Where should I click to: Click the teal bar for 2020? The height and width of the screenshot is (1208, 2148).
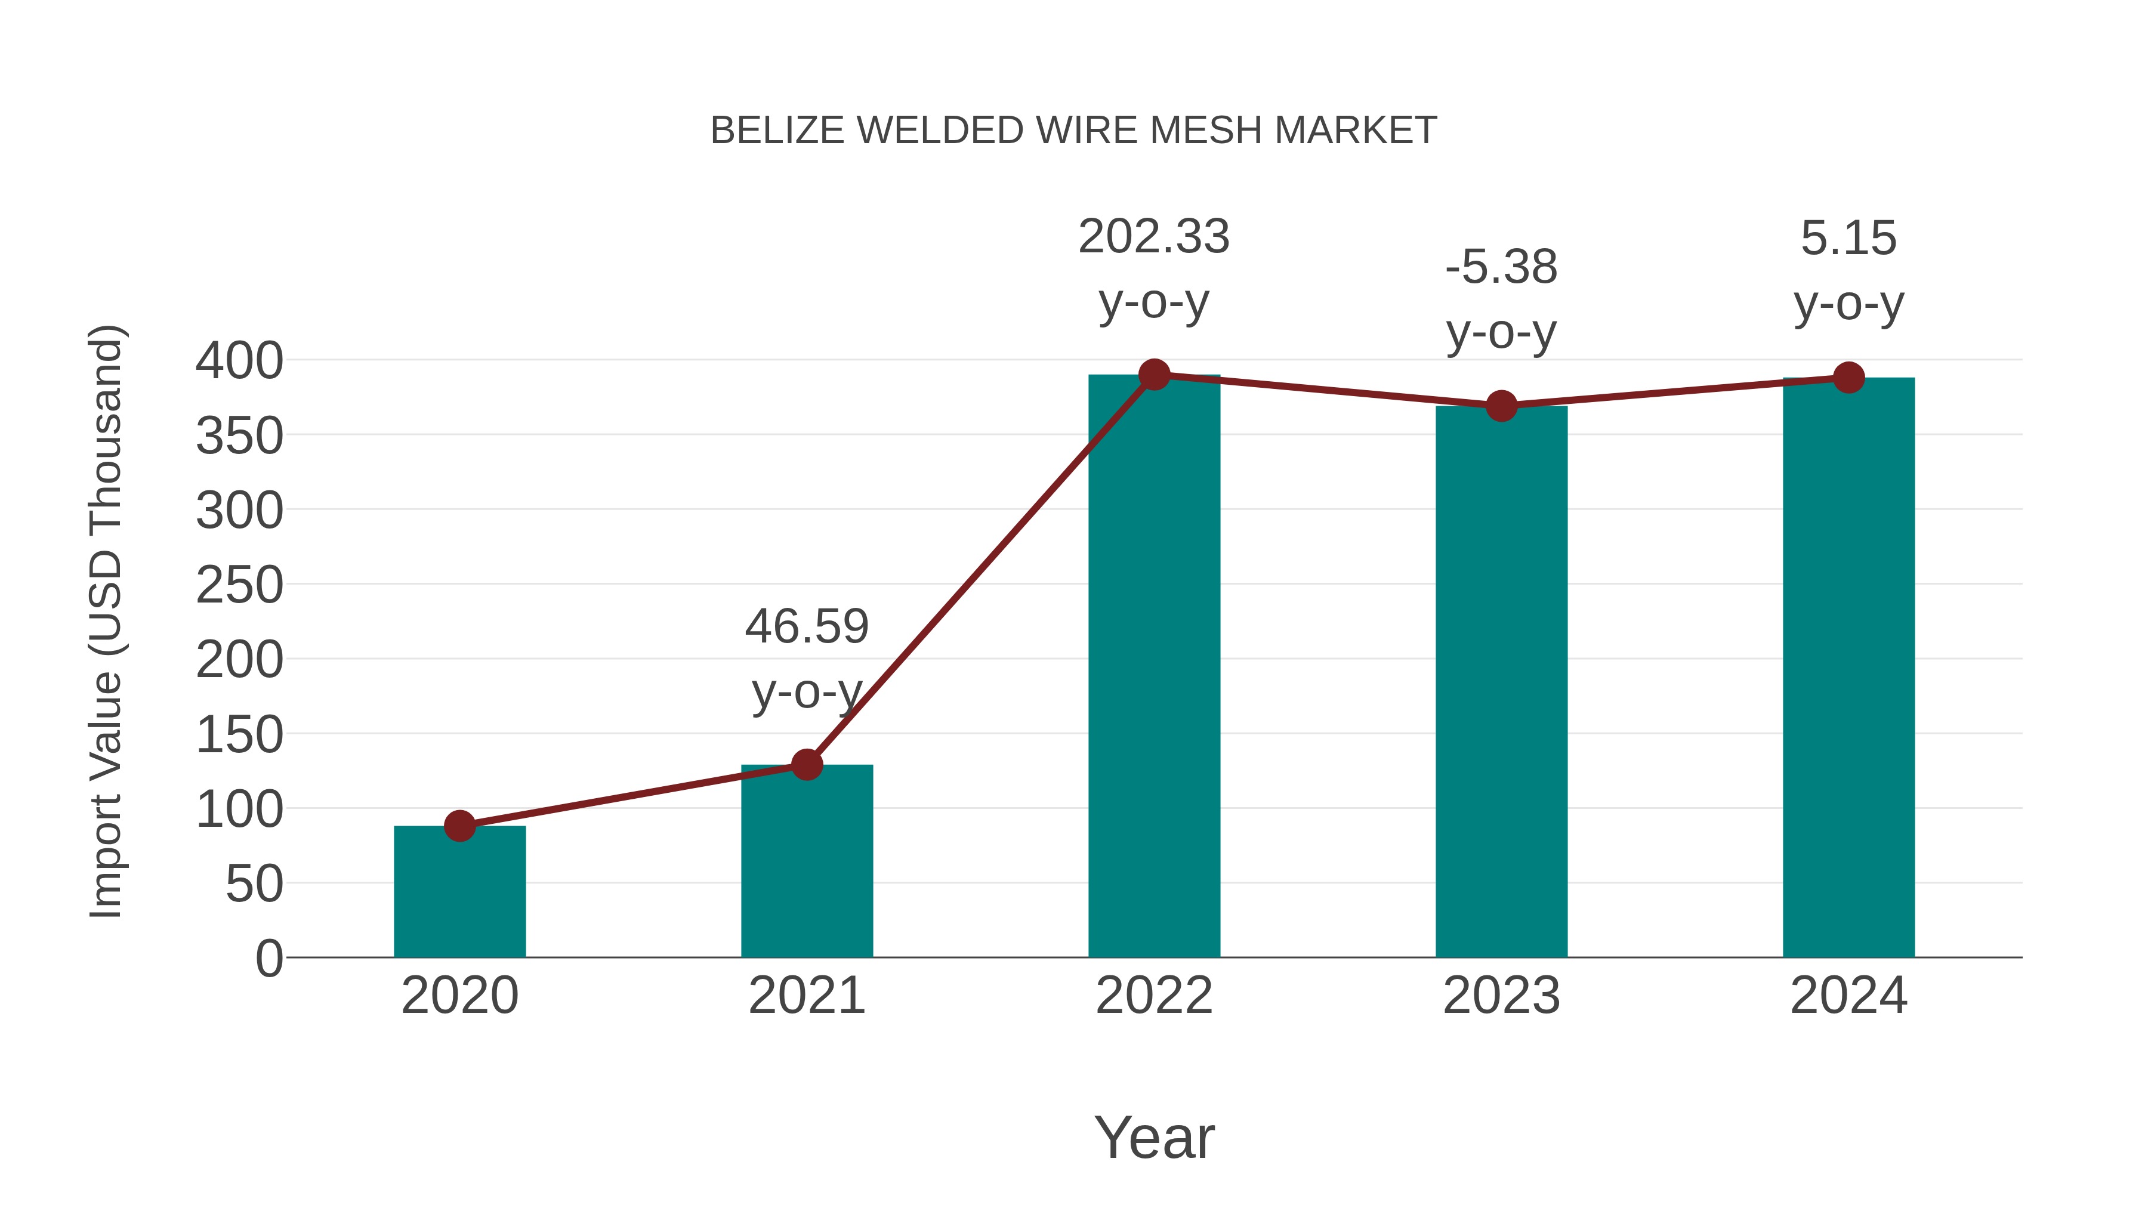(x=459, y=892)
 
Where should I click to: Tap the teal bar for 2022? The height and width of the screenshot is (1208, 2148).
(x=1154, y=667)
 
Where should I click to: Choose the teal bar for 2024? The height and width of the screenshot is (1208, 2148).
(x=1848, y=667)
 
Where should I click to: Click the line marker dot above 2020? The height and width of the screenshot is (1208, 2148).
(x=459, y=826)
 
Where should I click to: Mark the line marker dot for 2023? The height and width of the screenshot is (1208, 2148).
(x=1501, y=406)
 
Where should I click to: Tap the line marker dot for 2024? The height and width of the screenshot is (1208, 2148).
(x=1848, y=378)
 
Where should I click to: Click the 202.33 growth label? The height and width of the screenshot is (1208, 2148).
(x=1154, y=237)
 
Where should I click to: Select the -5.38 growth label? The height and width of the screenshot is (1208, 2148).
(x=1501, y=268)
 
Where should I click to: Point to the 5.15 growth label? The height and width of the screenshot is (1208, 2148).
(x=1848, y=239)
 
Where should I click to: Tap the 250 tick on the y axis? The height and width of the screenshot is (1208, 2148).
(x=239, y=585)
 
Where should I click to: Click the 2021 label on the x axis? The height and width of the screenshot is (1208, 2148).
(x=806, y=996)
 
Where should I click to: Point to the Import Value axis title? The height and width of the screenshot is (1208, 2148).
(x=106, y=621)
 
